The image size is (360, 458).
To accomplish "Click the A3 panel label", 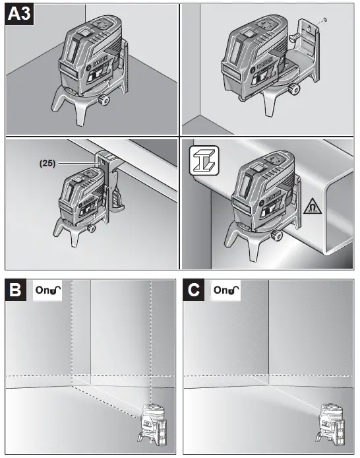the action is point(19,14).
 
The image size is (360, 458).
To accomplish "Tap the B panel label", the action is point(16,290).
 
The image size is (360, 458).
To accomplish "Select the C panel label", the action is point(194,290).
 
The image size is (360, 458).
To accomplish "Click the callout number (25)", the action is point(47,163).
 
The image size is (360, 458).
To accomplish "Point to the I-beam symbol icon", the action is point(204,160).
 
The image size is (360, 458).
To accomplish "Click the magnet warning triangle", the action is point(313,207).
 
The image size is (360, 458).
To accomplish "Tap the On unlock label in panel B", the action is point(47,290).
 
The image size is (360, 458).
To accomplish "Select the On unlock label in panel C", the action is point(225,290).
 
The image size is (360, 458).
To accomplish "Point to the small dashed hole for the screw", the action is point(325,20).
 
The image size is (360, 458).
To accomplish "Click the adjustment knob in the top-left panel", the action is point(104,100).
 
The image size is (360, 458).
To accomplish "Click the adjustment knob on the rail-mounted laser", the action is point(92,228).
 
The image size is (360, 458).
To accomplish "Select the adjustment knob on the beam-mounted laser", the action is point(276,235).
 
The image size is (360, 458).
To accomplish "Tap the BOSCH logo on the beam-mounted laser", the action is point(272,197).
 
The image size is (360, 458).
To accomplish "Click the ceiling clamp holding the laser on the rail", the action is point(111,181).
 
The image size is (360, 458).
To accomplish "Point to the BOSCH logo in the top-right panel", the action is point(265,63).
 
